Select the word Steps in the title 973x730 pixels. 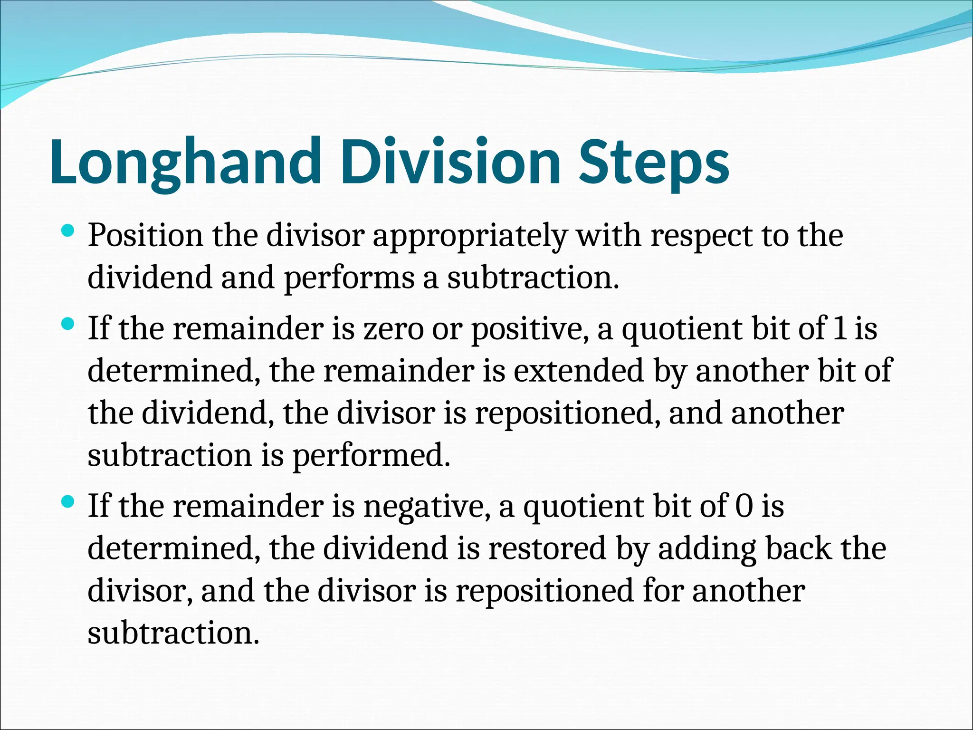[x=654, y=162]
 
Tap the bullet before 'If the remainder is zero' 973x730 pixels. [x=68, y=325]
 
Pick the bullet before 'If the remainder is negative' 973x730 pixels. [x=68, y=502]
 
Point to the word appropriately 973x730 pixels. [x=469, y=236]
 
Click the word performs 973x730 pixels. [x=349, y=278]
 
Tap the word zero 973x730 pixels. [x=393, y=329]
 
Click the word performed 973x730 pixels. [x=371, y=456]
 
